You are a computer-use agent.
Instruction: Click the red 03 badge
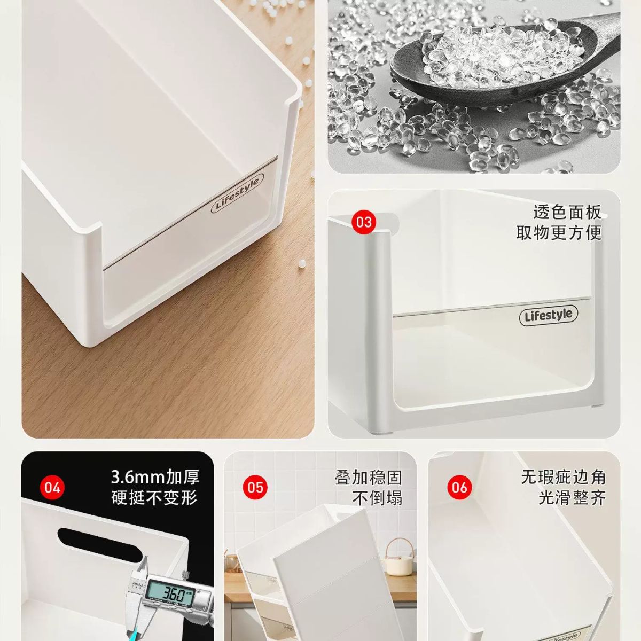[364, 222]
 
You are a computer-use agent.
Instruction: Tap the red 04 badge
[52, 488]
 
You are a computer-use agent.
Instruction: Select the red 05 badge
[255, 488]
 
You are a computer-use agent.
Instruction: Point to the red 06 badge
[459, 488]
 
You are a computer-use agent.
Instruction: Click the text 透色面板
[567, 212]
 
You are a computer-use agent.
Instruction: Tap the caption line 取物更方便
[559, 232]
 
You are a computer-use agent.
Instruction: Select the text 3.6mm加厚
[155, 478]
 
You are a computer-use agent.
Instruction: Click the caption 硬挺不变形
[155, 498]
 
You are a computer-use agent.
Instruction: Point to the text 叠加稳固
[369, 478]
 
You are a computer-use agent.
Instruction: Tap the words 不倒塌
[377, 498]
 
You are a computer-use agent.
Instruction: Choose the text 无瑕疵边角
[563, 478]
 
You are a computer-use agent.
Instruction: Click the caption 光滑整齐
[572, 498]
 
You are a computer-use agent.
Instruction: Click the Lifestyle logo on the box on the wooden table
[237, 193]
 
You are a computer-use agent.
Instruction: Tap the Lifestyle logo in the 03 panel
[548, 315]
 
